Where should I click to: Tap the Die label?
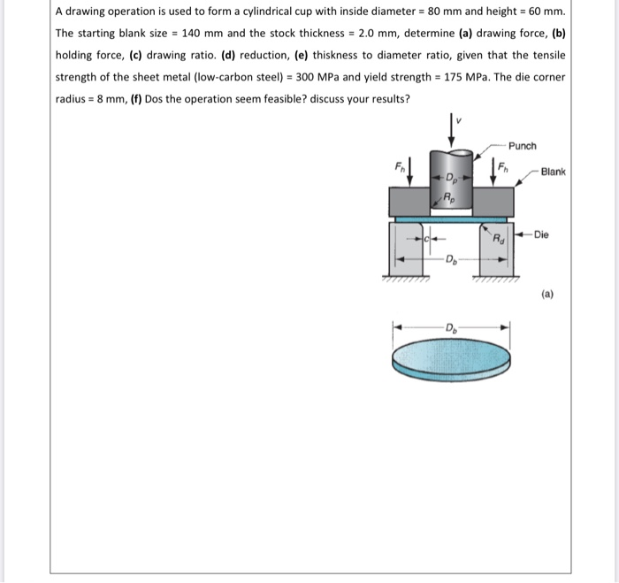tap(541, 235)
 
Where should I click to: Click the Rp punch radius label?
tap(449, 198)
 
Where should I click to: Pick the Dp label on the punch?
tap(451, 180)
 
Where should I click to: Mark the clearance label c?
tap(426, 237)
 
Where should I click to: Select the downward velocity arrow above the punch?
tap(454, 127)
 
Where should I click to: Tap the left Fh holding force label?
tap(399, 165)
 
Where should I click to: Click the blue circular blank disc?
tap(451, 359)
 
